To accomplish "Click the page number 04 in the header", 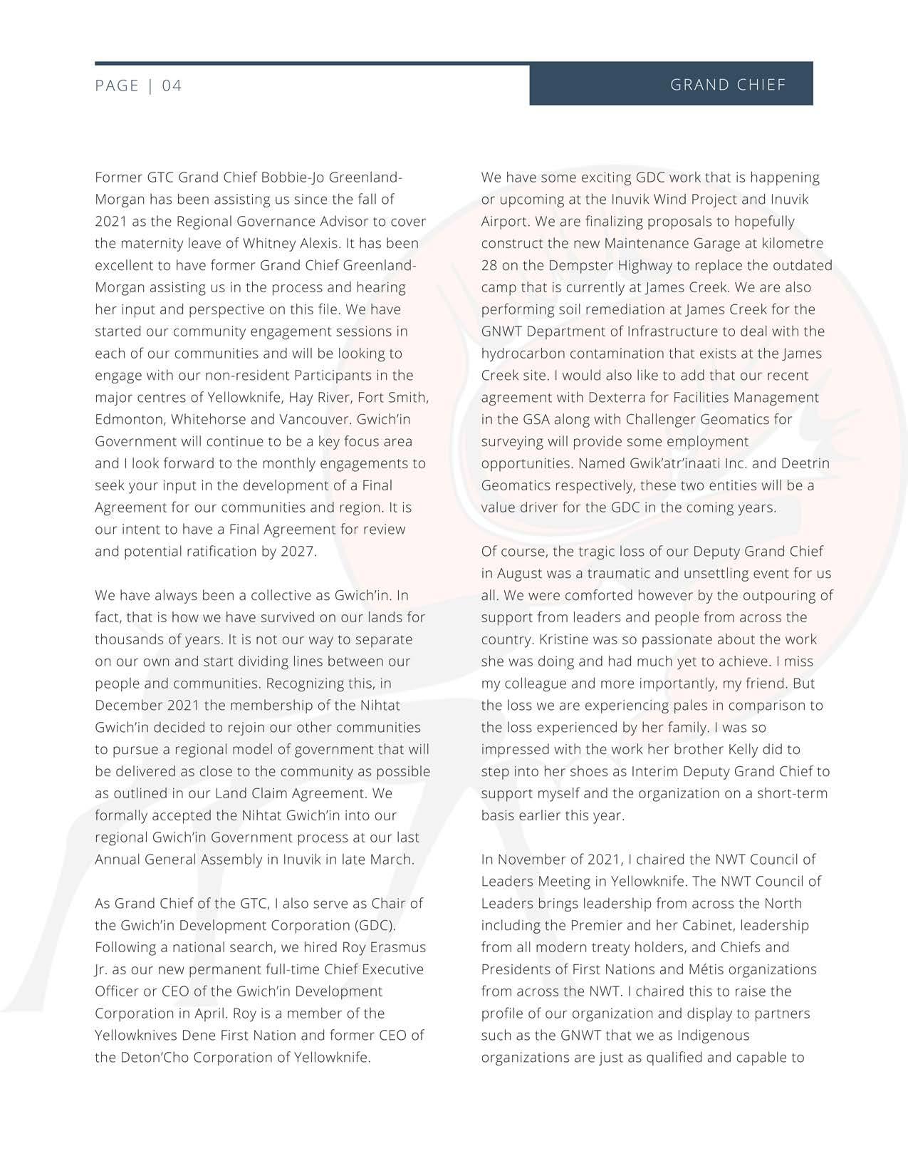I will pos(172,86).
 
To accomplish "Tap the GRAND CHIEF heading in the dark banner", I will pos(728,85).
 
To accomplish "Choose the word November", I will pos(535,860).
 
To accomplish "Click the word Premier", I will pos(674,926).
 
